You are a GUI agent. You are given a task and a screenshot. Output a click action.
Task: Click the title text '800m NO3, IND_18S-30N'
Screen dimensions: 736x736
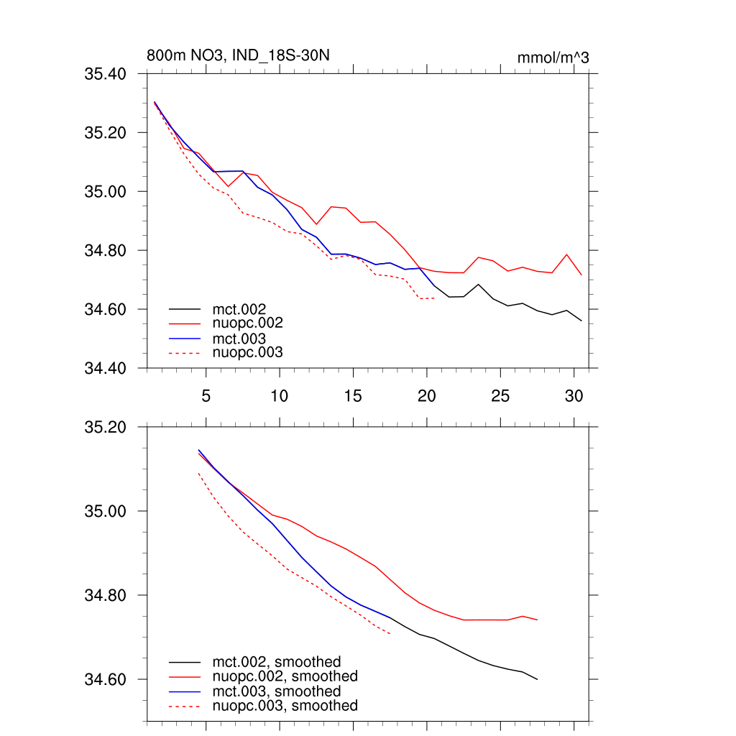tap(239, 56)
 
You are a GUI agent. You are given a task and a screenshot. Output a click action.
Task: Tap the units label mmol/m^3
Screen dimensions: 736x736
tap(553, 57)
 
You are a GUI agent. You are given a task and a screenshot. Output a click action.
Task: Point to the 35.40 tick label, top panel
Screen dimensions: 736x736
tap(106, 74)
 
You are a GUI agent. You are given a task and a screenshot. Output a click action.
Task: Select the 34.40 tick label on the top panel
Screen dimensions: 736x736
tap(106, 369)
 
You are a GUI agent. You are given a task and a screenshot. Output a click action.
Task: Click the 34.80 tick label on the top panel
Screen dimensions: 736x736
tap(106, 251)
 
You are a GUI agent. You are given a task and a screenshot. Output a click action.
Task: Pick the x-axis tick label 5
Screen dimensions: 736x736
tap(206, 396)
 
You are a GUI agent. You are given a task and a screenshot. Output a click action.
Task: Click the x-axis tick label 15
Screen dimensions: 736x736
tap(353, 396)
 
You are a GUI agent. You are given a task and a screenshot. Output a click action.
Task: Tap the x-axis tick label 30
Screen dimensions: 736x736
tap(574, 396)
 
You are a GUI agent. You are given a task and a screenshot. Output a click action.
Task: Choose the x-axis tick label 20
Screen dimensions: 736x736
tap(427, 396)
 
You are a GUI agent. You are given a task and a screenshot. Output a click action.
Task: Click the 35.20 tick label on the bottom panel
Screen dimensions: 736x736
tap(106, 427)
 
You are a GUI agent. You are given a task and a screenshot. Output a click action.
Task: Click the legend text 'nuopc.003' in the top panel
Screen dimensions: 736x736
tap(248, 352)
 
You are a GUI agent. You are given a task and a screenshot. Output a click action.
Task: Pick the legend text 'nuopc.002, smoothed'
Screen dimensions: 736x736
tap(285, 676)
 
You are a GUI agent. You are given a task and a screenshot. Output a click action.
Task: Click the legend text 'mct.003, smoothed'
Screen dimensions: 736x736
tap(276, 691)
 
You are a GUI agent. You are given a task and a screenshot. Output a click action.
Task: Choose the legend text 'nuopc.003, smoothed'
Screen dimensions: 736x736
tap(285, 706)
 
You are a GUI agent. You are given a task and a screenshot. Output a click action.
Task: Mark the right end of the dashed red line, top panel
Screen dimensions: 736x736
tap(436, 298)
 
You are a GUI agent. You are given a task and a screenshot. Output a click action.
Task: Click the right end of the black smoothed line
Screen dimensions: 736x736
tap(538, 679)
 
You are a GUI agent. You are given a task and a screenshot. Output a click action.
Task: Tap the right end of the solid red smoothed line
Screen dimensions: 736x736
tap(538, 620)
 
